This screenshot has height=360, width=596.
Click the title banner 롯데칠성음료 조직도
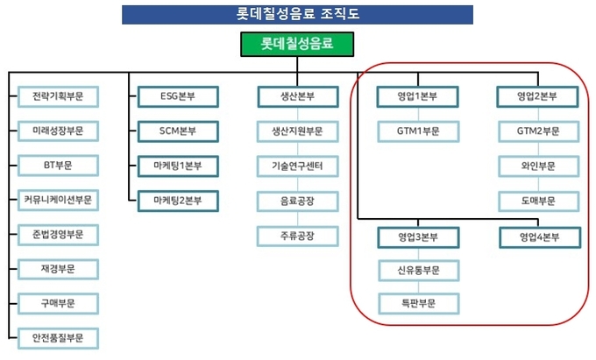tap(297, 14)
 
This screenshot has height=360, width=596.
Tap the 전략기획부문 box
tap(59, 96)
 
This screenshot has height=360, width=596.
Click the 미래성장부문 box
tap(59, 131)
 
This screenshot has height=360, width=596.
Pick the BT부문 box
tap(59, 166)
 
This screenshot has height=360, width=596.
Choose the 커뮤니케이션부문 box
tap(59, 200)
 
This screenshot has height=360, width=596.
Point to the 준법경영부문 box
tap(59, 234)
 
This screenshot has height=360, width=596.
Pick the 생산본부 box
tap(297, 96)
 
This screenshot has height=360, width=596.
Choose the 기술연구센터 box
tap(297, 166)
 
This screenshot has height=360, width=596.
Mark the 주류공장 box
tap(297, 236)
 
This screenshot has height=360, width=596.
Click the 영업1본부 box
tap(417, 96)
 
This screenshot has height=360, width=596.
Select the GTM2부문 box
tap(538, 131)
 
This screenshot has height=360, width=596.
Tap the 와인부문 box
tap(538, 166)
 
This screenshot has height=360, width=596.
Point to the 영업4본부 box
tap(538, 236)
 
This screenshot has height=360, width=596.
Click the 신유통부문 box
tap(417, 270)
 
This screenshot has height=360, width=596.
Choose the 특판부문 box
tap(417, 304)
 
